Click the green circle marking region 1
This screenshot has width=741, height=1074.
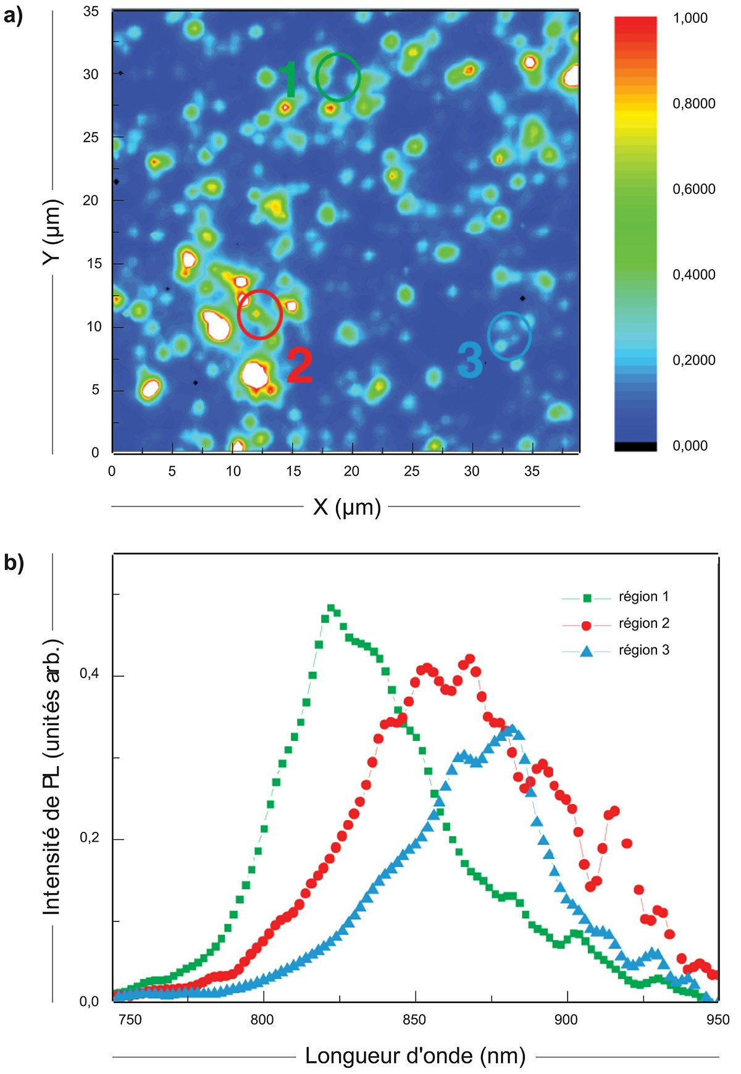click(338, 77)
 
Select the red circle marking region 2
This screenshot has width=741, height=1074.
click(260, 314)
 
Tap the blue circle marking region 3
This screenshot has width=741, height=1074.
click(509, 336)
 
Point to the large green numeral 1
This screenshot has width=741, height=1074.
click(289, 80)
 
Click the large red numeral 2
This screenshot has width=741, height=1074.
click(300, 366)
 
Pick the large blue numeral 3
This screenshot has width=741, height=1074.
click(471, 360)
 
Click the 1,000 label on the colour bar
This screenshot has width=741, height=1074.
click(690, 18)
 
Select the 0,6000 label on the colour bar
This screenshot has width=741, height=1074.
click(694, 189)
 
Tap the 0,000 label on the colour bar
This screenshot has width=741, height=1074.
click(690, 446)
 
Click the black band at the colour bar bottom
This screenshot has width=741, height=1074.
click(635, 447)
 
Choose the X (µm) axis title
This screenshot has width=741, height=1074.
click(346, 507)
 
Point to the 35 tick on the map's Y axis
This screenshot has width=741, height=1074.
click(91, 11)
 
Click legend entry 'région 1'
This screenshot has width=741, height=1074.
click(643, 597)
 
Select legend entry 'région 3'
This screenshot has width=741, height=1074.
click(643, 650)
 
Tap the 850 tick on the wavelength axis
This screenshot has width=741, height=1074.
click(414, 1019)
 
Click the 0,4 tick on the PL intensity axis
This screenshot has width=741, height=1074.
click(89, 674)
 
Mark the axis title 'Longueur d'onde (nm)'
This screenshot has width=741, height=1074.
click(415, 1056)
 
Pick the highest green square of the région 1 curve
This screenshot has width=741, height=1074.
click(331, 608)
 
